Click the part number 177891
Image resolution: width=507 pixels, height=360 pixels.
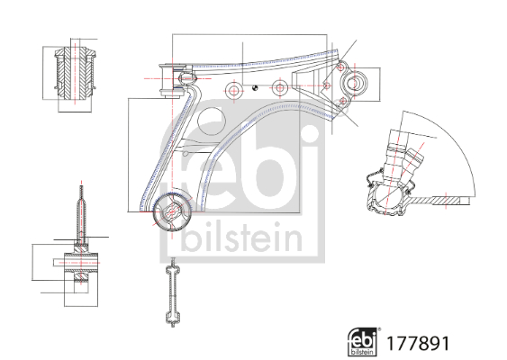(x=417, y=344)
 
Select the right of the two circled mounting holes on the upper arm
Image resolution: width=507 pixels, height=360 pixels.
(x=279, y=88)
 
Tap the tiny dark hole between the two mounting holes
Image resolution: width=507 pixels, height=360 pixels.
(x=257, y=87)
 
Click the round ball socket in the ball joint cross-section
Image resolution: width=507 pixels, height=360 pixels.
(x=389, y=194)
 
